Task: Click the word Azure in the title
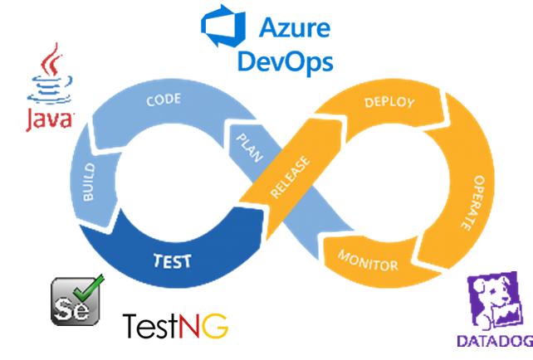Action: (x=295, y=27)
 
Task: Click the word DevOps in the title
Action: (x=286, y=62)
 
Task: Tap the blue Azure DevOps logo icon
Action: (x=223, y=26)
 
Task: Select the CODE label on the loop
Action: (x=164, y=100)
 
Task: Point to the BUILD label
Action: (x=89, y=182)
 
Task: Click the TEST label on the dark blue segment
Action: (x=173, y=261)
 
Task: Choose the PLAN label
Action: (x=250, y=148)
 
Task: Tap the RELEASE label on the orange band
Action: (x=290, y=177)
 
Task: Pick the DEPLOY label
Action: (x=389, y=102)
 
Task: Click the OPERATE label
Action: (x=473, y=202)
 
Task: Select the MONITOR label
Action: (x=368, y=260)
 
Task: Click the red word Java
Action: (x=50, y=120)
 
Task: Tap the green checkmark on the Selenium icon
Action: (x=89, y=288)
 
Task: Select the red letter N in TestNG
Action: (x=189, y=326)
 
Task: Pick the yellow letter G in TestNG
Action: (x=215, y=326)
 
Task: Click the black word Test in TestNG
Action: (x=150, y=326)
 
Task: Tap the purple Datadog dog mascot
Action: (x=495, y=301)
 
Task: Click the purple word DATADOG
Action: (x=495, y=341)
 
